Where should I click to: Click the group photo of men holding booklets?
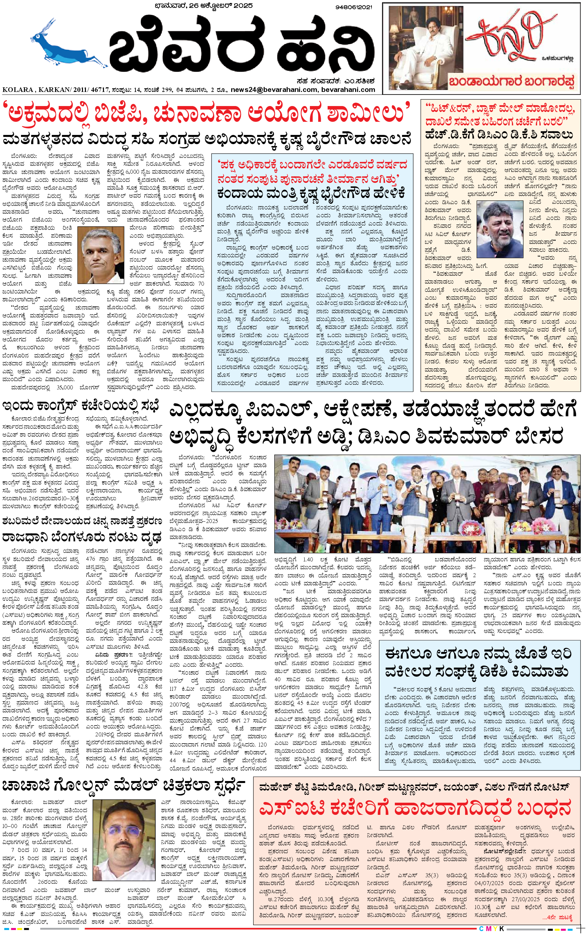tap(427, 503)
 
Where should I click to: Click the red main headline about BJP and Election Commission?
tap(208, 113)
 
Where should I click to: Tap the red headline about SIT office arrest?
tap(415, 807)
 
